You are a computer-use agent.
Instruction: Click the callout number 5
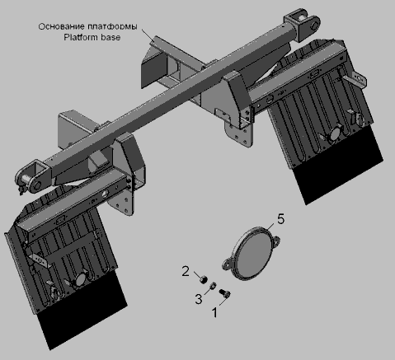pos(280,219)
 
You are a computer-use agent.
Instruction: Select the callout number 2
pos(186,271)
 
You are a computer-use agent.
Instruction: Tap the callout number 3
pos(199,299)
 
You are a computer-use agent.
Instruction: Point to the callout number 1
pos(215,312)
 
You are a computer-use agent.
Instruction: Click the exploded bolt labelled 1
pos(224,293)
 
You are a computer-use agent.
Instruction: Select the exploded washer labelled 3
pos(213,286)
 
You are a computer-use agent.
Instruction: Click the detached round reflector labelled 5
pos(251,254)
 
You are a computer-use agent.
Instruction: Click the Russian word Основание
pos(61,26)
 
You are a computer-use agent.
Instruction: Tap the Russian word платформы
pos(112,26)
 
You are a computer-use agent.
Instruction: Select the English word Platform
pos(81,37)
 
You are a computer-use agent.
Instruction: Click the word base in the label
pos(111,37)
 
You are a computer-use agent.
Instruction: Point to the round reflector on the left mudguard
pos(81,278)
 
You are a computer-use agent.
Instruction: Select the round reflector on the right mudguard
pos(336,133)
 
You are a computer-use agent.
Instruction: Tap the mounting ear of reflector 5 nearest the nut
pos(227,264)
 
